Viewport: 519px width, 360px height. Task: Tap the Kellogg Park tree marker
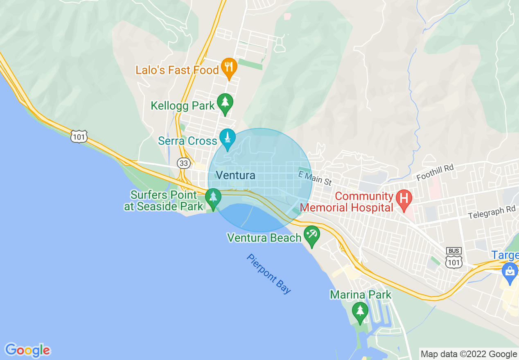tap(225, 103)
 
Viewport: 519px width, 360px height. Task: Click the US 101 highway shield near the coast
tap(79, 136)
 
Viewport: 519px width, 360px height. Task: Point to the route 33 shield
tap(184, 163)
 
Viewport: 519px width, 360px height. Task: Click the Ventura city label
tap(235, 175)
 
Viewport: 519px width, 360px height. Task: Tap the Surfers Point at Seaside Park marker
tap(213, 198)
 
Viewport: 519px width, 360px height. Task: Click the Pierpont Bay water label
tap(269, 274)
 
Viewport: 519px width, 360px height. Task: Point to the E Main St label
tap(314, 178)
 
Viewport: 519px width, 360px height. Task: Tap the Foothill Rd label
tap(435, 172)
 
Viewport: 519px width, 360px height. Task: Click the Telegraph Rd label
tap(492, 212)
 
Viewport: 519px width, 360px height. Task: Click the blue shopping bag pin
tap(510, 272)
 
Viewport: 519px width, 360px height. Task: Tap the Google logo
tap(28, 350)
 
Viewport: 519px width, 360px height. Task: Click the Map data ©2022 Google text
tap(469, 354)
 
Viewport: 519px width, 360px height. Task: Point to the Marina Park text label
tap(360, 295)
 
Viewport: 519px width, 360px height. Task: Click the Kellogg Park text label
tap(183, 106)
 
